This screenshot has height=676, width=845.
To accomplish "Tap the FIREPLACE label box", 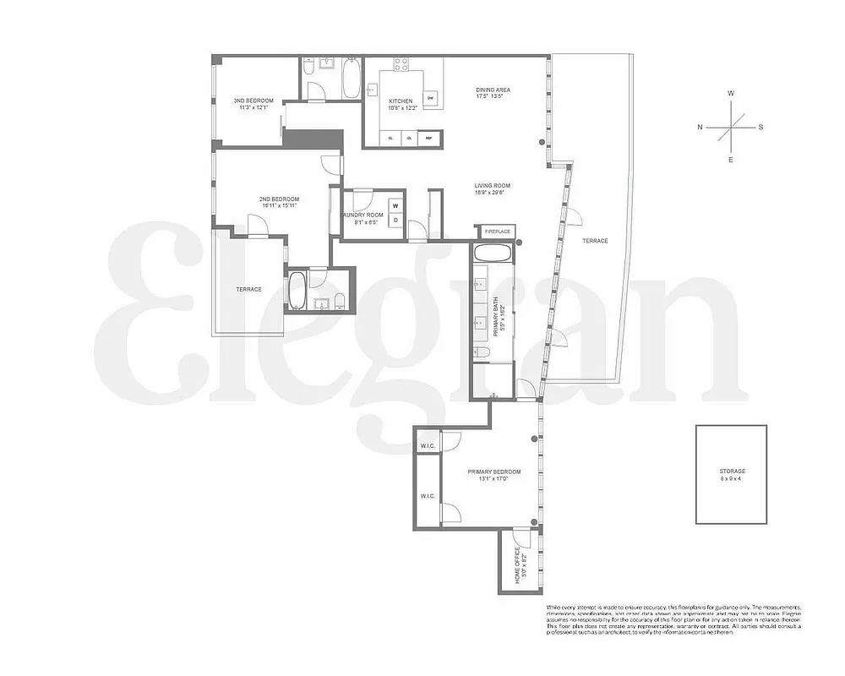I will pyautogui.click(x=497, y=231).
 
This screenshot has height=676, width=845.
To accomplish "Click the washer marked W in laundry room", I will pyautogui.click(x=395, y=205).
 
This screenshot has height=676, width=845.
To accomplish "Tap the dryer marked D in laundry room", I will pyautogui.click(x=395, y=220).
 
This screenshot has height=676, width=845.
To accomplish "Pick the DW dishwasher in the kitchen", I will pyautogui.click(x=430, y=99).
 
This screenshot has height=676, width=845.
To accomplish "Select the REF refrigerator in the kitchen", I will pyautogui.click(x=428, y=138).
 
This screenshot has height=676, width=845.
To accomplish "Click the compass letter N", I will pyautogui.click(x=700, y=128).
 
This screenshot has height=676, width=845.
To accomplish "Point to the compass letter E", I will pyautogui.click(x=731, y=159).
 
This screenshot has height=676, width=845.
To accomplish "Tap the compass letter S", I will pyautogui.click(x=760, y=128).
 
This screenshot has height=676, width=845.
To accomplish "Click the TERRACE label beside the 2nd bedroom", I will pyautogui.click(x=248, y=290).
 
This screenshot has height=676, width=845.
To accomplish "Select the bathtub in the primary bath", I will pyautogui.click(x=492, y=253).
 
